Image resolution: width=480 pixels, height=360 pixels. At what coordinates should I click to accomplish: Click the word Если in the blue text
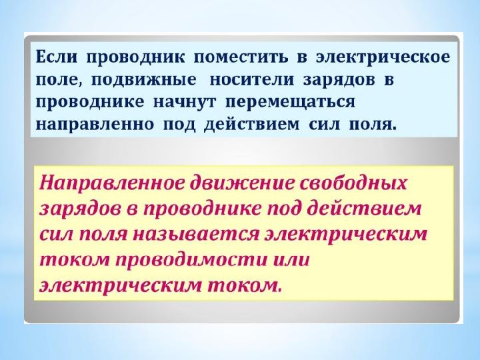coord(56,57)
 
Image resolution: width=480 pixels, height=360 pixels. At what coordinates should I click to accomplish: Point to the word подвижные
coord(143,80)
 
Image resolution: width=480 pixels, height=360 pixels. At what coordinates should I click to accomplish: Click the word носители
coord(252,79)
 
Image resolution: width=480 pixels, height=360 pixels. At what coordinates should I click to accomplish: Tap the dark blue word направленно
coord(95,125)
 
